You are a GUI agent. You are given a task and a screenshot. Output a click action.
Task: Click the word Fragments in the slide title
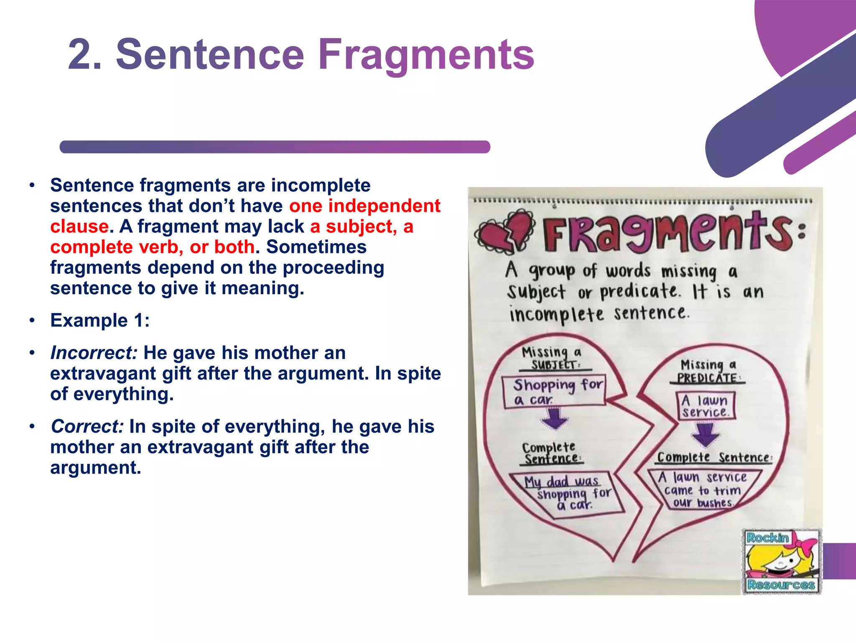click(426, 54)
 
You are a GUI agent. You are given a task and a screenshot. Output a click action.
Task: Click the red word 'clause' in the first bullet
click(79, 227)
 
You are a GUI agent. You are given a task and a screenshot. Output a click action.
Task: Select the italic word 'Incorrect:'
click(94, 353)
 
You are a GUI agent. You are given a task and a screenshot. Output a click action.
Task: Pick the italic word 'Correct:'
click(87, 426)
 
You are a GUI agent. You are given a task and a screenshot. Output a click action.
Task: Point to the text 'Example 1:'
click(100, 321)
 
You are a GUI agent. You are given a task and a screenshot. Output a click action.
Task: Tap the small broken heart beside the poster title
click(506, 232)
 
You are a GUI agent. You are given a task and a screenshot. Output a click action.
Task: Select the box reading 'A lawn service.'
click(706, 405)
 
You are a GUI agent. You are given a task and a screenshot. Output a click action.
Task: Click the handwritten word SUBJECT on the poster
click(554, 365)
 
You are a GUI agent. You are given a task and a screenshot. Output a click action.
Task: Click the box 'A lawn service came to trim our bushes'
click(703, 490)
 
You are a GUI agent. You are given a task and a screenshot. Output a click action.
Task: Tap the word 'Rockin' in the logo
click(767, 538)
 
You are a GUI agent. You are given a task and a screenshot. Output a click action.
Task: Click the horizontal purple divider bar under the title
click(275, 147)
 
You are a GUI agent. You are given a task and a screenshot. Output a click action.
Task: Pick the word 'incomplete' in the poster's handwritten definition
click(556, 314)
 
